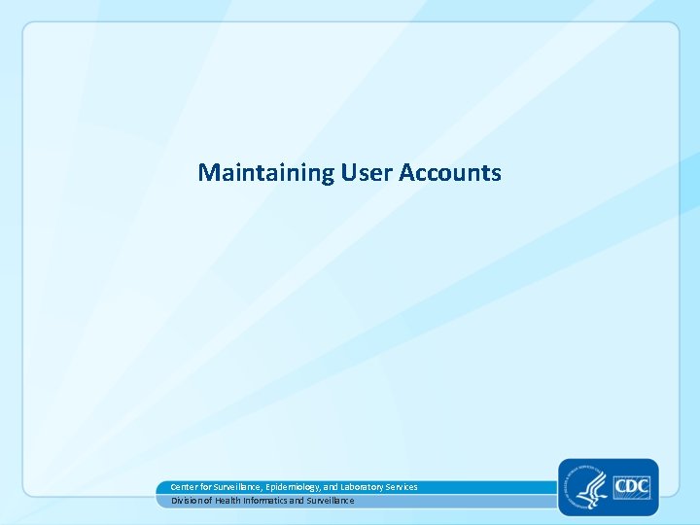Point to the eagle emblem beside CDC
[x=587, y=484]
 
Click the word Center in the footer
[x=184, y=487]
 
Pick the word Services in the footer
[x=402, y=487]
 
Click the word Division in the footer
[x=187, y=501]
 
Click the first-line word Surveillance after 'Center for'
[x=237, y=487]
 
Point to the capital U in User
[x=348, y=173]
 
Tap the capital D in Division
[x=174, y=501]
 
